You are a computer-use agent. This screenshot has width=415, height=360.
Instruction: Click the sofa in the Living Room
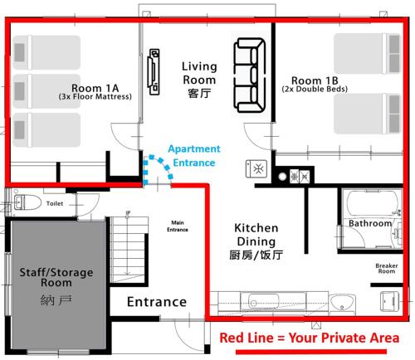[x=250, y=75]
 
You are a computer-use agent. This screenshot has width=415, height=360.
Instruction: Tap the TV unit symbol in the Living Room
[x=154, y=72]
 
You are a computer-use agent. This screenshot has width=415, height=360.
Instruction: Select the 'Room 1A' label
[x=95, y=88]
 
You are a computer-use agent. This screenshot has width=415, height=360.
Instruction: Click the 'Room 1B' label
[x=315, y=80]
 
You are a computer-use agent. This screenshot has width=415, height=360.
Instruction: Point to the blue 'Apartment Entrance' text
[x=194, y=156]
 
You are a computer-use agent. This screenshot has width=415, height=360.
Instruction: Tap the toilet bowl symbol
[x=27, y=202]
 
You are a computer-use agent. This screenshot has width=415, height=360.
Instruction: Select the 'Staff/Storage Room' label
[x=56, y=277]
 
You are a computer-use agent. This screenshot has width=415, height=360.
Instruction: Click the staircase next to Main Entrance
[x=127, y=250]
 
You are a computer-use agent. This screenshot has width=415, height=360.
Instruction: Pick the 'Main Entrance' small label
[x=178, y=226]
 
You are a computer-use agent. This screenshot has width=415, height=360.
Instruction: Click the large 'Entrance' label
[x=157, y=302]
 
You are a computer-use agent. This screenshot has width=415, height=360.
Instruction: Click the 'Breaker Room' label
[x=387, y=269]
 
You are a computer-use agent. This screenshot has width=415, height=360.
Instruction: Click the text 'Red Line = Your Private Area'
[x=310, y=338]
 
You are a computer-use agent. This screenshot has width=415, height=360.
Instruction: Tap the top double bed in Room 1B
[x=368, y=53]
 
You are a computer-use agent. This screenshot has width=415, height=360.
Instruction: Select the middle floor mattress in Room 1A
[x=46, y=91]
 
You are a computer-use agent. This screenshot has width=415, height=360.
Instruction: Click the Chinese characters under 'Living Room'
[x=199, y=94]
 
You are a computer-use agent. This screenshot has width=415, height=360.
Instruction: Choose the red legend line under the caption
[x=311, y=352]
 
